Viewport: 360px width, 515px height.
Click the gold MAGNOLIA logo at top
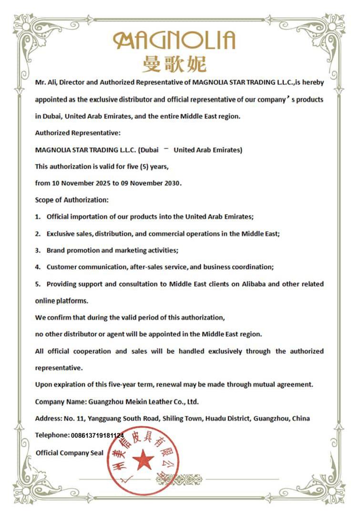click(x=174, y=40)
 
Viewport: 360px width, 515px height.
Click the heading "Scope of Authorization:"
click(x=72, y=199)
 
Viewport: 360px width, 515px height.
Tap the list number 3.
click(x=38, y=250)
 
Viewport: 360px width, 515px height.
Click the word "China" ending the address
click(x=301, y=418)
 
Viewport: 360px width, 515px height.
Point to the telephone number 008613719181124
click(x=97, y=435)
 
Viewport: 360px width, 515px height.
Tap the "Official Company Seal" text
click(x=70, y=453)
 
